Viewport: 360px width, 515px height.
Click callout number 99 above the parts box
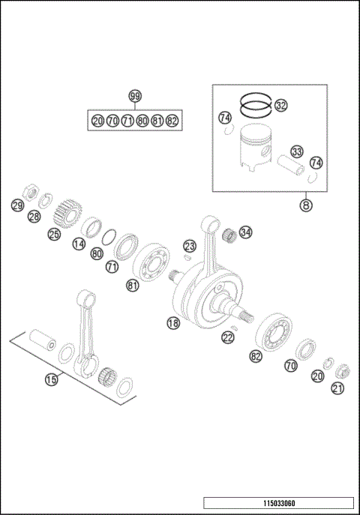click(x=135, y=96)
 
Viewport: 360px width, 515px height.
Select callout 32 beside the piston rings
click(x=280, y=106)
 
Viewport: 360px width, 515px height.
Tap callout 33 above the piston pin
click(x=297, y=152)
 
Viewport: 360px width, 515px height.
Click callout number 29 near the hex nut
click(x=16, y=205)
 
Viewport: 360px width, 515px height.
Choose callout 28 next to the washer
click(x=34, y=217)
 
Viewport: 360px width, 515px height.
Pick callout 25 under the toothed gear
click(x=54, y=235)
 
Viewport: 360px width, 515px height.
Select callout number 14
click(x=78, y=244)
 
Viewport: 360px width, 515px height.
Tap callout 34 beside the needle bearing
click(x=246, y=232)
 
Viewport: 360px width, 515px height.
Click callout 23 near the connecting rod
click(x=190, y=246)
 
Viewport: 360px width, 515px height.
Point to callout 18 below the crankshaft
click(x=172, y=323)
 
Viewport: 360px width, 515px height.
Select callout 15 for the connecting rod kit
click(x=50, y=380)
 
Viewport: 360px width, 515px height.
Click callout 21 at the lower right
click(x=337, y=388)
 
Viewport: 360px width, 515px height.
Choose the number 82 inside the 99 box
click(x=172, y=121)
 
